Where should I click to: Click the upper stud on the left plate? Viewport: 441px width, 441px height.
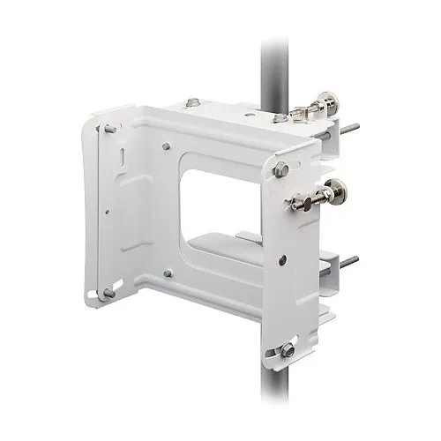click(109, 129)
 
